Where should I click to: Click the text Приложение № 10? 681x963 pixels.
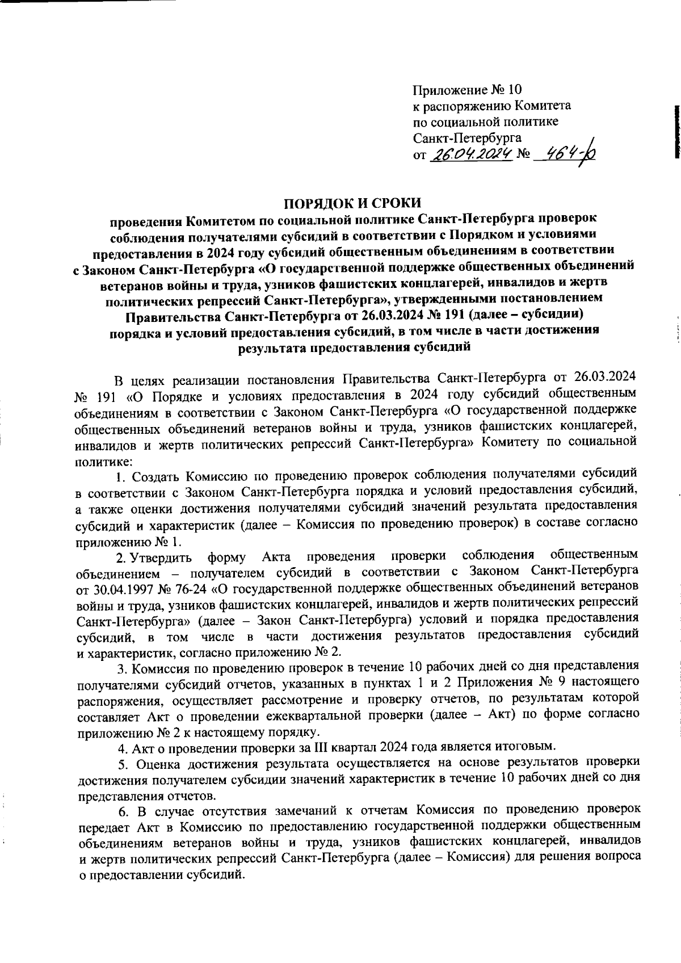466,90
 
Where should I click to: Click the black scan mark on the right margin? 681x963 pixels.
676,131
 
